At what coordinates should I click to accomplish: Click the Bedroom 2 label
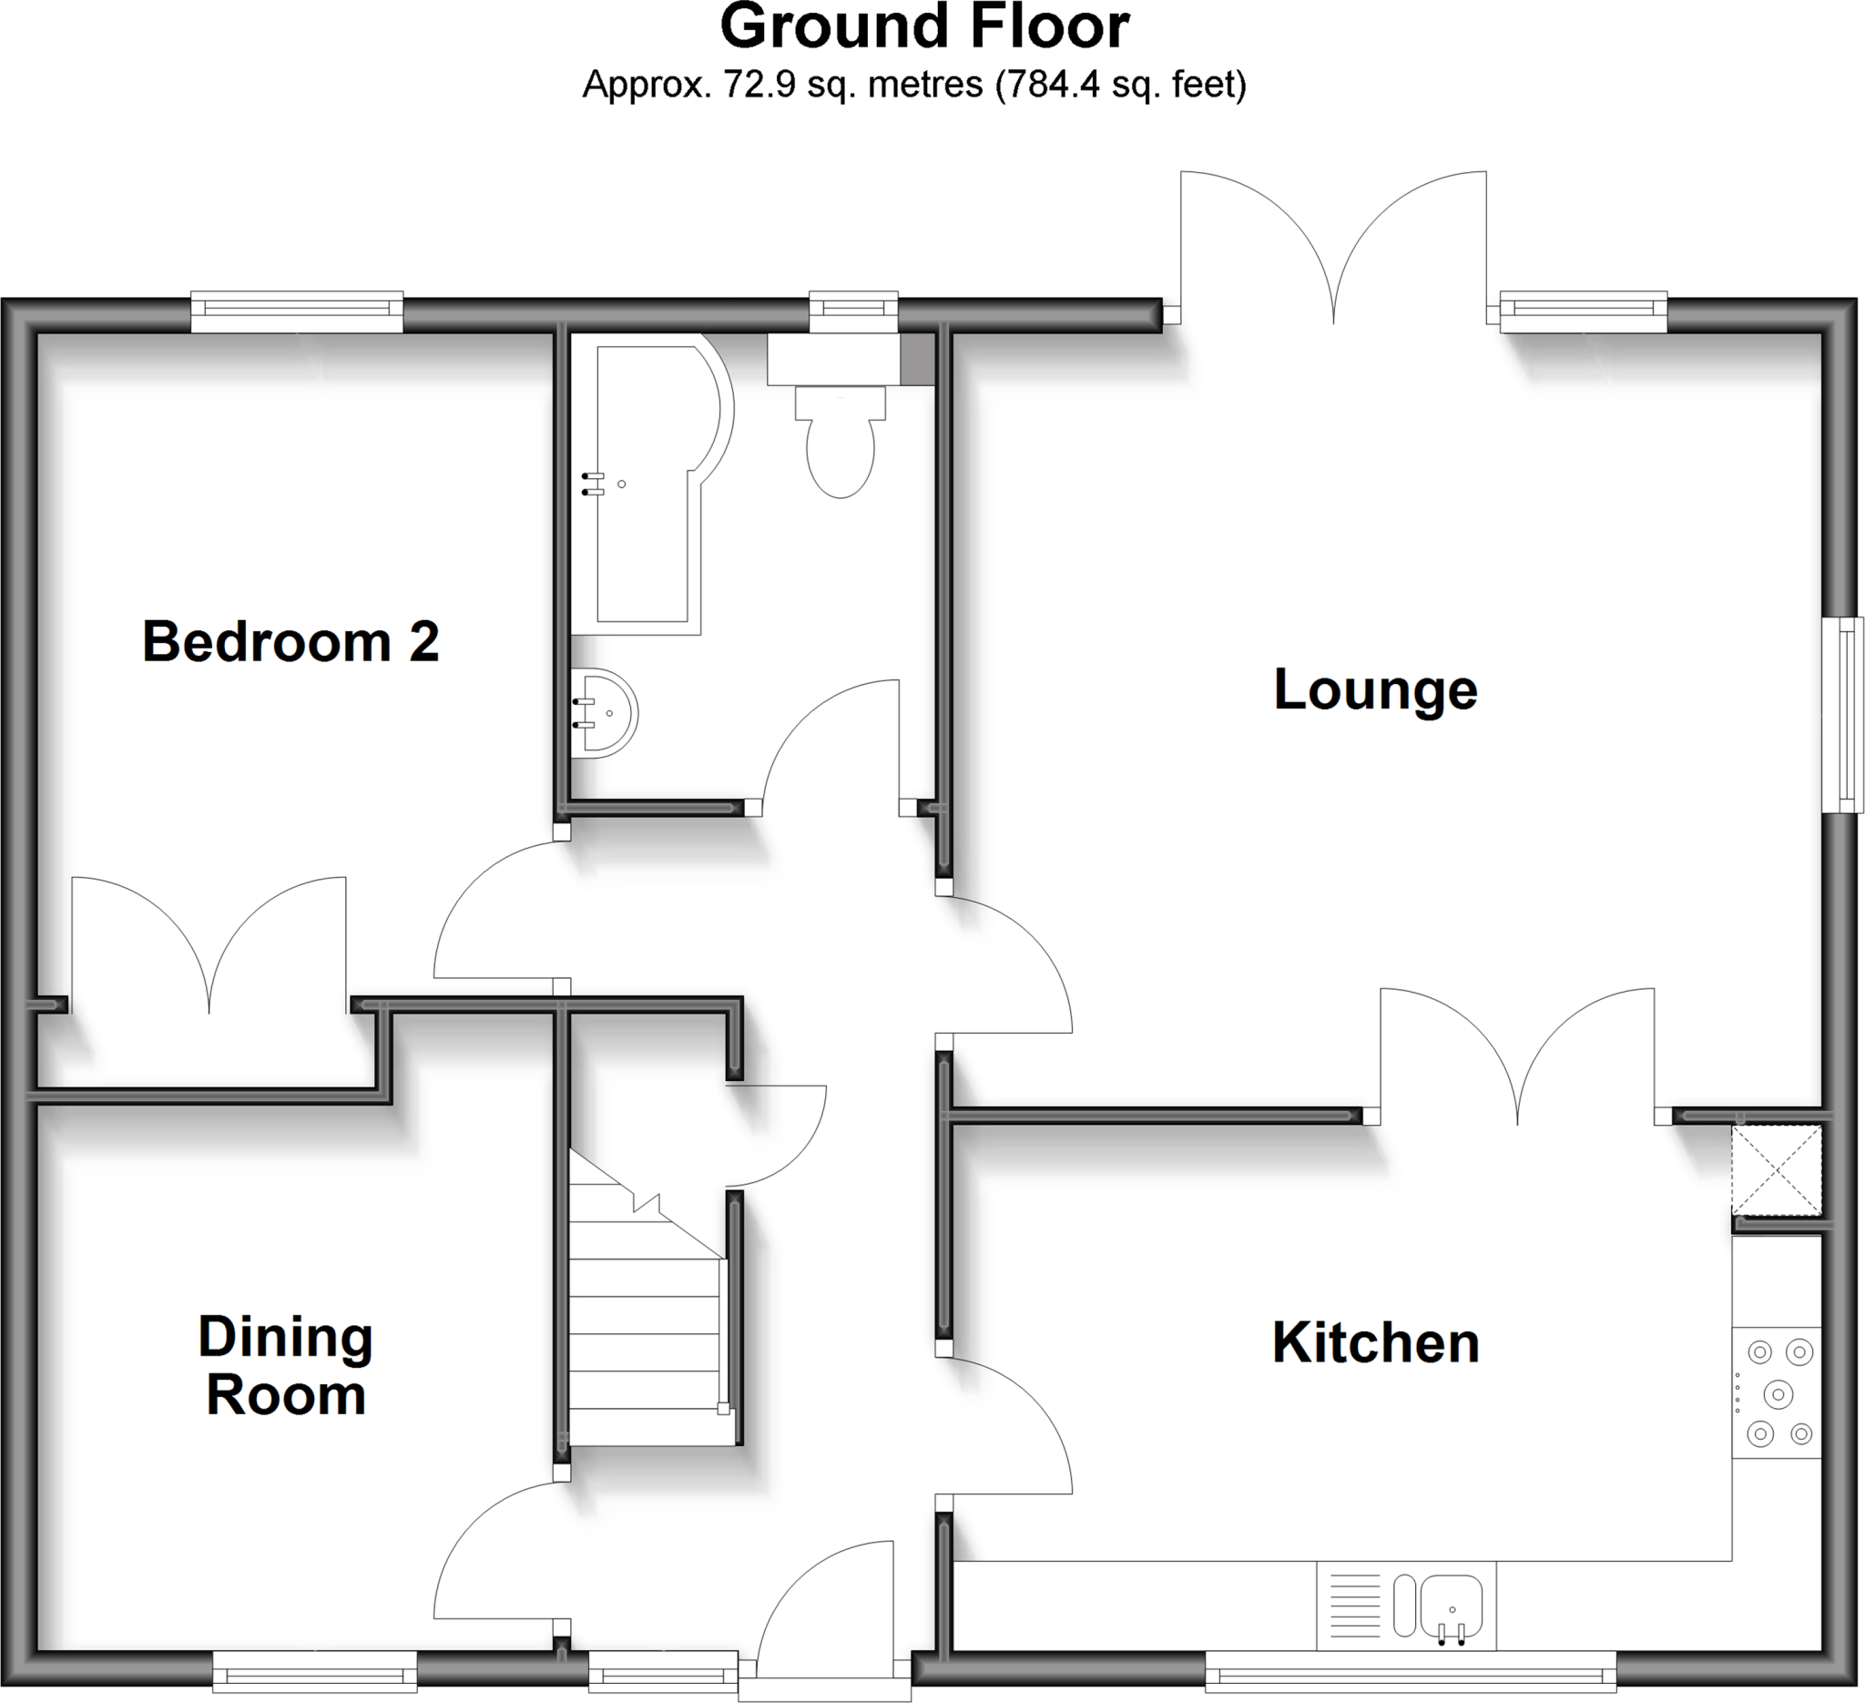(290, 642)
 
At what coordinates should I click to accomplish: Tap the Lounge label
(1375, 690)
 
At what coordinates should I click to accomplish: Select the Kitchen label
(1375, 1343)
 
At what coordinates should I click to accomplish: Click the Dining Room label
(285, 1365)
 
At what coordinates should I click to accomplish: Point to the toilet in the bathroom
(840, 444)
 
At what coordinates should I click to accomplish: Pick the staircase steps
(645, 1332)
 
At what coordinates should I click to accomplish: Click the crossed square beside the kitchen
(1776, 1169)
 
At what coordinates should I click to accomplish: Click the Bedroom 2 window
(297, 311)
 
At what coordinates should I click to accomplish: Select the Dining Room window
(314, 1676)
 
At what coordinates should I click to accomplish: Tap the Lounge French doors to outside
(1333, 259)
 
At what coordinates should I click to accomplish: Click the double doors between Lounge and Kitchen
(1517, 1064)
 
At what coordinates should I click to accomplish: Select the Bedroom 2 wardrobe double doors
(209, 953)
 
